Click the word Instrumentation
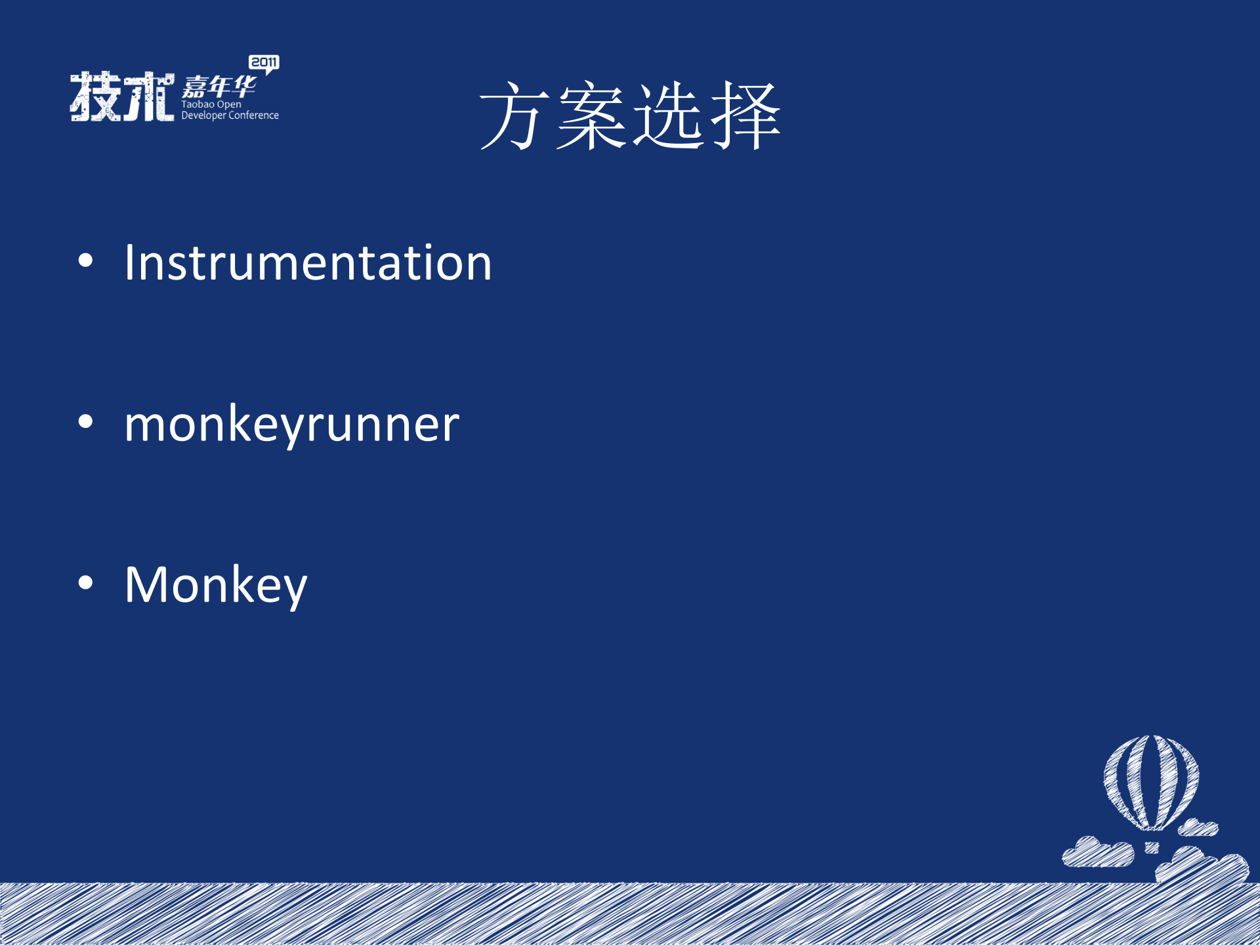click(308, 263)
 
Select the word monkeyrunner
click(291, 425)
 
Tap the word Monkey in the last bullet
click(215, 585)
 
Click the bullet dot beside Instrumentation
click(85, 261)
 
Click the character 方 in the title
click(516, 116)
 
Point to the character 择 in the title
click(745, 116)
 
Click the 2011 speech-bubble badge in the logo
click(264, 63)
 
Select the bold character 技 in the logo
click(96, 96)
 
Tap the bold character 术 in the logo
click(149, 96)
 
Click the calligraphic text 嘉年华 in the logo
click(219, 87)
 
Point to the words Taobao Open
click(211, 104)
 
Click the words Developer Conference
click(230, 115)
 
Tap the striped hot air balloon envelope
click(1151, 781)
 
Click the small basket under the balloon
click(1152, 848)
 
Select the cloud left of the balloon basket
click(1097, 852)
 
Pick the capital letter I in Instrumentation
click(129, 262)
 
